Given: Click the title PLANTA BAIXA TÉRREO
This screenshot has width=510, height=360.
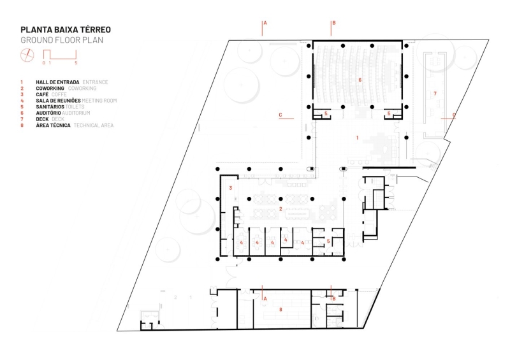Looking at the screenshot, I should (66, 29).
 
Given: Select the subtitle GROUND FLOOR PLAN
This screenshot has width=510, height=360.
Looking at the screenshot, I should (61, 40).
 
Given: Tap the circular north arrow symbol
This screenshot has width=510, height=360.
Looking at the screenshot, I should (27, 55).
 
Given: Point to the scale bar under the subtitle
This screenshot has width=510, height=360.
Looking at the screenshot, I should (60, 57).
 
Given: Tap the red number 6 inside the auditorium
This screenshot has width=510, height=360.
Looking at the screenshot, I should (360, 80).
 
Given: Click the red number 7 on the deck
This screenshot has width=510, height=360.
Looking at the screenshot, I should (435, 94).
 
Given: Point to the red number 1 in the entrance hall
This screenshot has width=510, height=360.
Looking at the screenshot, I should (358, 137).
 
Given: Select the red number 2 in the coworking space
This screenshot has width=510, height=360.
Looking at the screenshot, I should (280, 208).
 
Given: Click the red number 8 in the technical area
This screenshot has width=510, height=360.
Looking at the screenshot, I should (280, 310).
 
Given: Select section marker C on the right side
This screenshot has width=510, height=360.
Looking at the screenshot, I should (454, 115).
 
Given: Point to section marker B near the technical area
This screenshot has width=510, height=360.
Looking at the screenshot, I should (333, 298).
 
